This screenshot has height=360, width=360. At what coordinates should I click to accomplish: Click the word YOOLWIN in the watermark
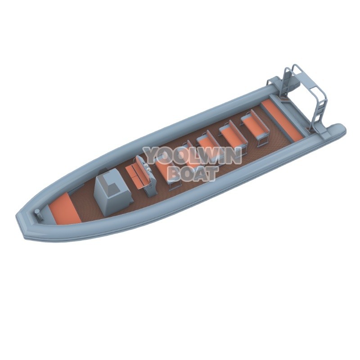pyautogui.click(x=193, y=156)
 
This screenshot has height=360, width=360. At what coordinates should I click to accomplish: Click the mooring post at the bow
pyautogui.click(x=39, y=215)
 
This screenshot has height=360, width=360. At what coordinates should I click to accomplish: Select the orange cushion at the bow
pyautogui.click(x=65, y=208)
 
